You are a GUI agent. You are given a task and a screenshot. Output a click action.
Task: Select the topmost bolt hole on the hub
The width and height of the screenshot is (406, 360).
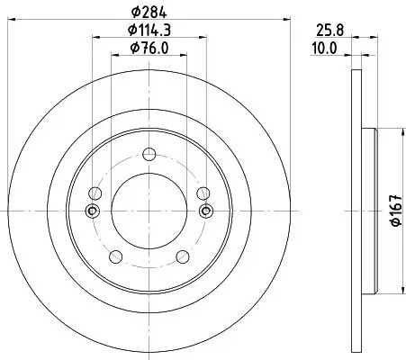click(149, 153)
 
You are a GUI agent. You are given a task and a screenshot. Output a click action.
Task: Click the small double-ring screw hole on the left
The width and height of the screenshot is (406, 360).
click(91, 211)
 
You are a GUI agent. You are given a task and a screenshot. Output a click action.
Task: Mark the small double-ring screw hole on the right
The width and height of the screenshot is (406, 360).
click(206, 211)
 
